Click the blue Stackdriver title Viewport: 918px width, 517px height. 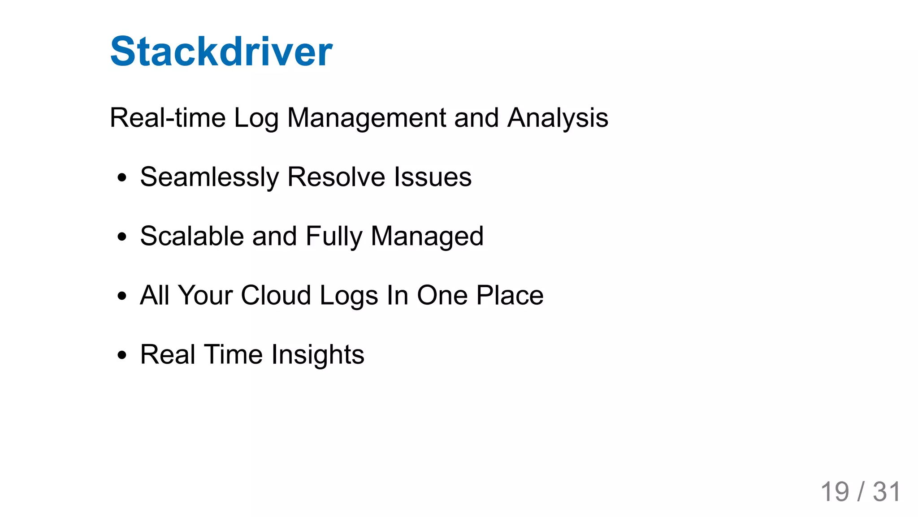click(221, 52)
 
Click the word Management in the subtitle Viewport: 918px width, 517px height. click(366, 118)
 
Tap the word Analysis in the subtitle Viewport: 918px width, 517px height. click(558, 118)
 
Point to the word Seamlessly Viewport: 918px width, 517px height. click(209, 177)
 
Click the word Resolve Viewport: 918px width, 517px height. click(336, 177)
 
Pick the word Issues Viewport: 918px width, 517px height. click(433, 177)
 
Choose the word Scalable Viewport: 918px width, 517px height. click(192, 236)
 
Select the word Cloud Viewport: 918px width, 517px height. click(276, 295)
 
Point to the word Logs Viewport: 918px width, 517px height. click(349, 296)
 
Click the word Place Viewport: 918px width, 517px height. click(510, 295)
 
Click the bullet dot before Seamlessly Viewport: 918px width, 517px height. click(121, 178)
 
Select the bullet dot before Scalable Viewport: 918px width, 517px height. click(121, 237)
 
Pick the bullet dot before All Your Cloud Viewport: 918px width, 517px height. click(121, 296)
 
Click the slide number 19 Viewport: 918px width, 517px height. click(835, 492)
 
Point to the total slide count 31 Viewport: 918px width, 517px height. click(886, 492)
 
